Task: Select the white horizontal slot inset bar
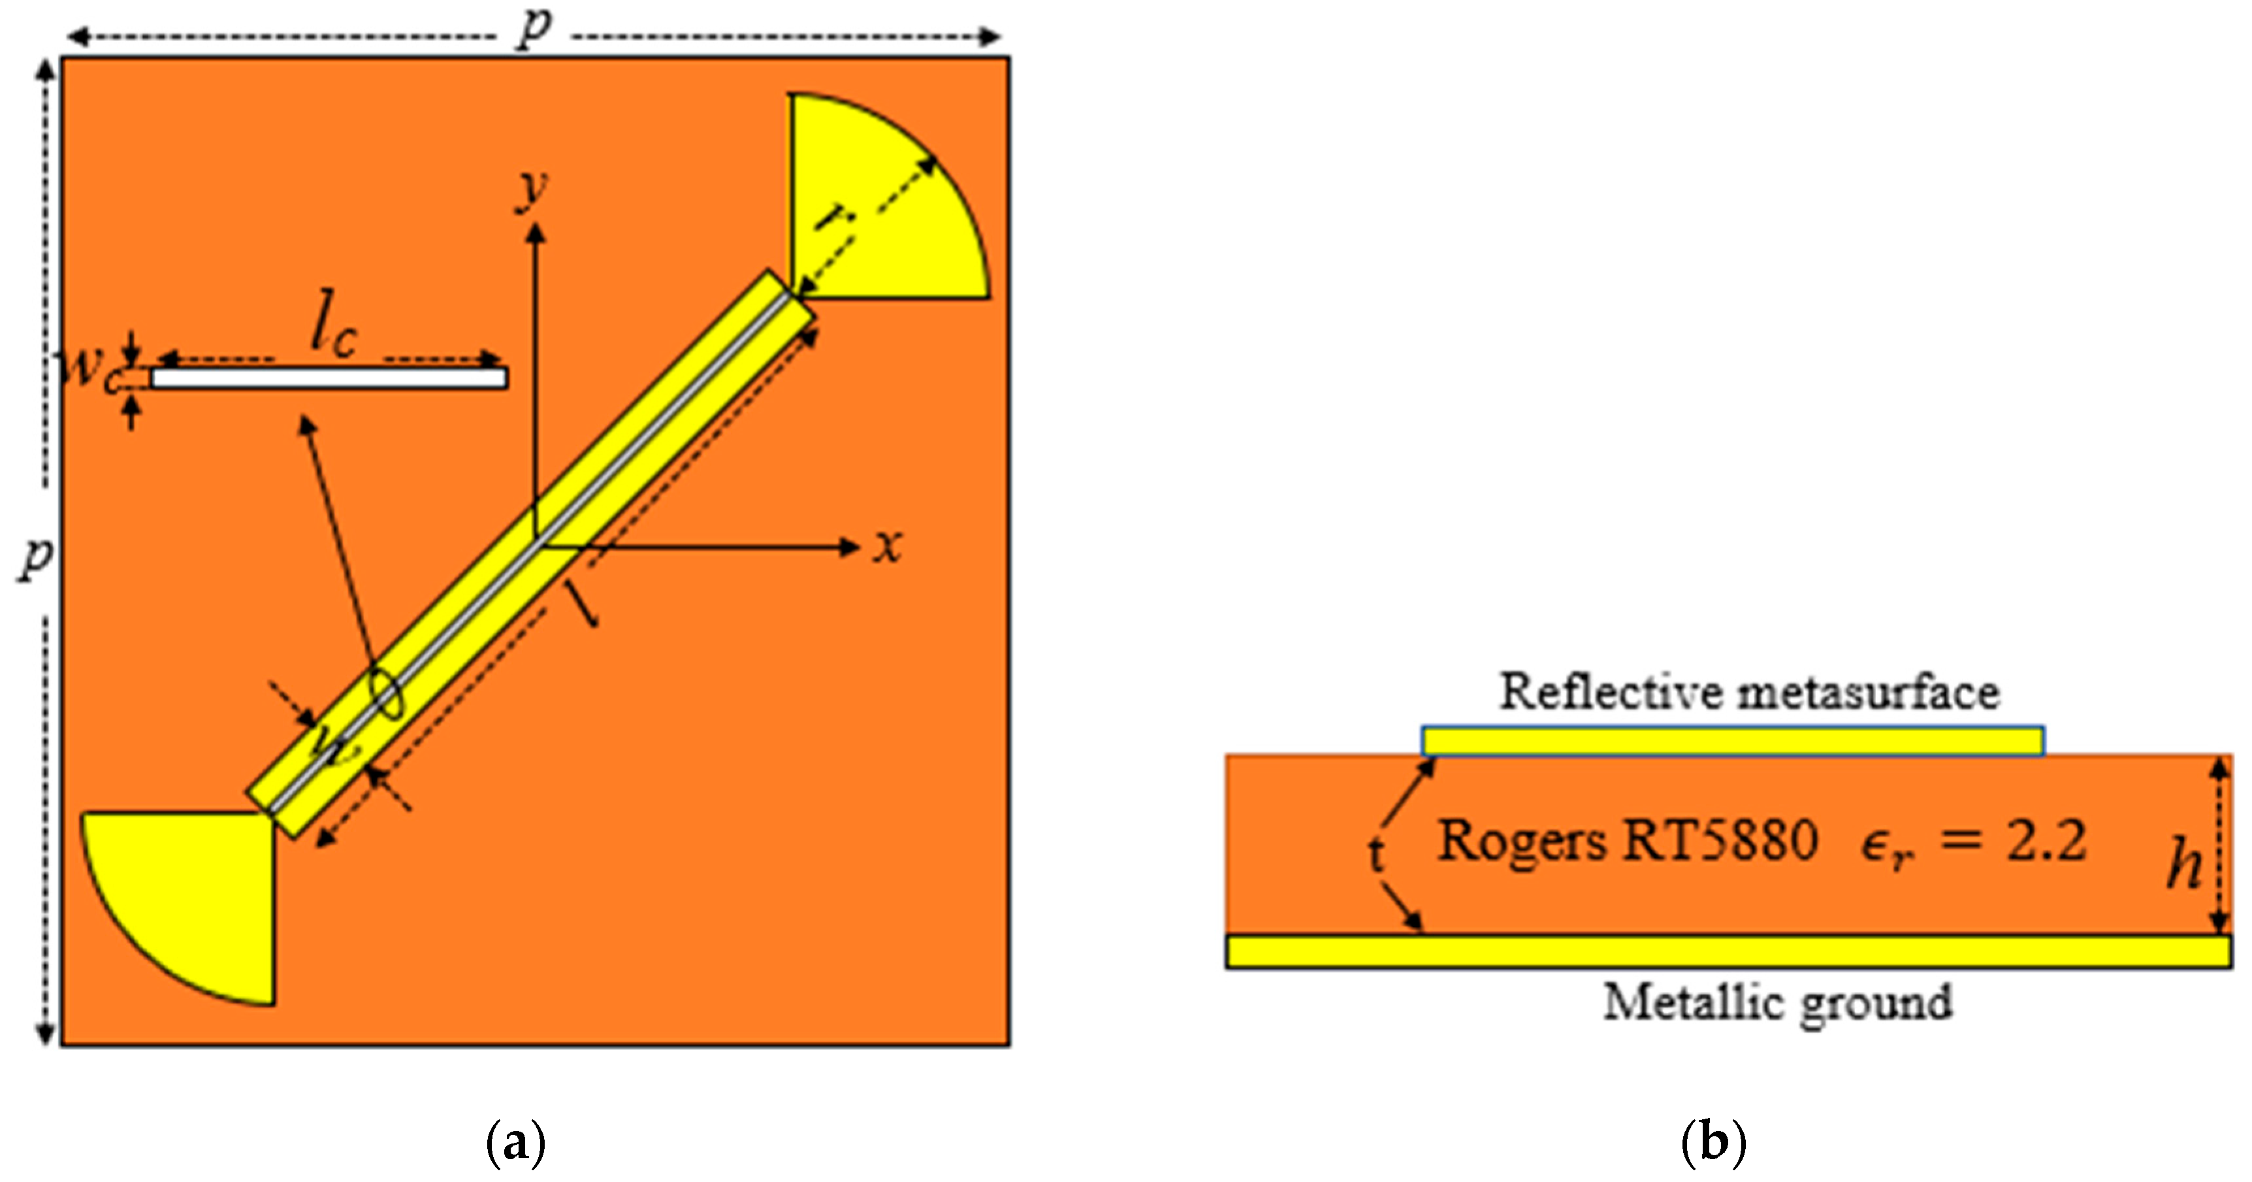329,378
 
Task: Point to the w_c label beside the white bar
88,372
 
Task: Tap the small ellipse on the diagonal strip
387,694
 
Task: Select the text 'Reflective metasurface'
1749,693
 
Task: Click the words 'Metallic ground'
1777,1002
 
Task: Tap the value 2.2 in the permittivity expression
2046,842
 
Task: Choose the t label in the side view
1376,854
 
